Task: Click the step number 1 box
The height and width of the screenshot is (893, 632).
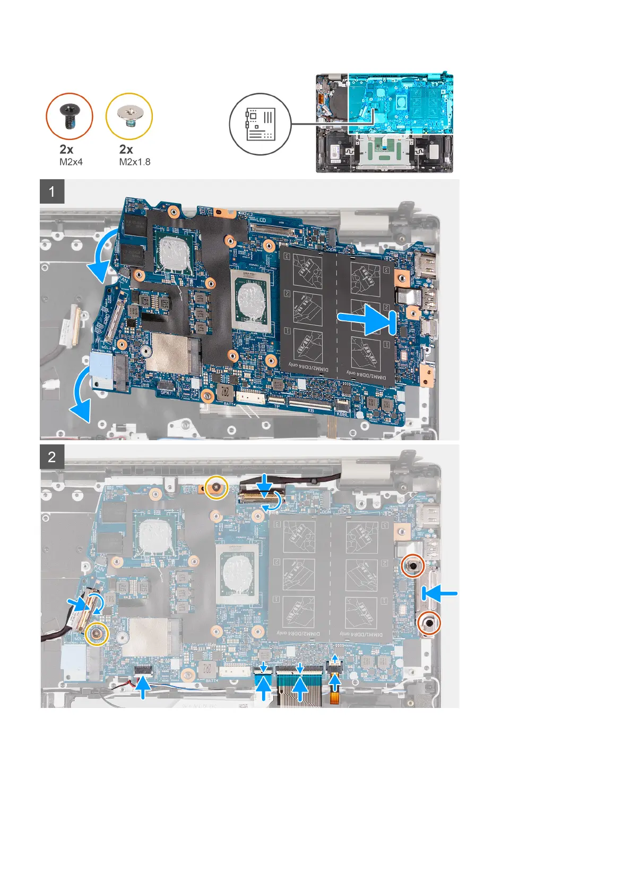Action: (52, 191)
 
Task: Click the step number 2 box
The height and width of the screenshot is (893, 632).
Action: (52, 457)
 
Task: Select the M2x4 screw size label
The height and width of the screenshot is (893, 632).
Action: (71, 162)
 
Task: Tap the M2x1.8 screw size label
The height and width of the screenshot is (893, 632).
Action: (135, 162)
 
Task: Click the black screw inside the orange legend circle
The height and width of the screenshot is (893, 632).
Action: (70, 115)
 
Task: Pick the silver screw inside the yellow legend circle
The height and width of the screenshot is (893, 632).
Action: (129, 115)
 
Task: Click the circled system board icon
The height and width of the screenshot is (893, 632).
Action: (260, 124)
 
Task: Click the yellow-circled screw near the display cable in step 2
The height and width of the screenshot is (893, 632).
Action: (217, 486)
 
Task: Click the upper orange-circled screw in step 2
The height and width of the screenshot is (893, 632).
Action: (412, 566)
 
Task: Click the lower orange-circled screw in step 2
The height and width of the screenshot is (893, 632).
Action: (428, 624)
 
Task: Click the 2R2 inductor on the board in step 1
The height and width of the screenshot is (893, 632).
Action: (227, 393)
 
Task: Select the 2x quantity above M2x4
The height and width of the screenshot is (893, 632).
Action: (66, 150)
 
